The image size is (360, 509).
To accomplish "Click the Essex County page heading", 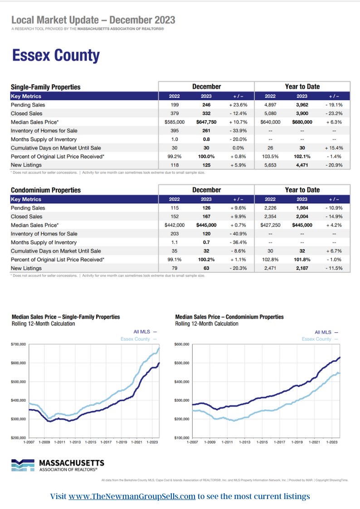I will point(56,56).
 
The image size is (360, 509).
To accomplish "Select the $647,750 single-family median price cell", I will point(206,122).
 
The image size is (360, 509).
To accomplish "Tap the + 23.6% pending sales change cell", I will point(238,105).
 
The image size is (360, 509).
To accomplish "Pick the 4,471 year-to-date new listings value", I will point(302,165).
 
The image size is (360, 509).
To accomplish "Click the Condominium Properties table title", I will point(46,190).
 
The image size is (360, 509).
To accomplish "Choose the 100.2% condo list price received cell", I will point(206,260).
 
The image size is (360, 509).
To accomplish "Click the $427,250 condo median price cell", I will point(270,225).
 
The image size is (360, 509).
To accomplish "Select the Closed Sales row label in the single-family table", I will point(26,114).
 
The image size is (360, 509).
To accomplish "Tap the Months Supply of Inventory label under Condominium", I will point(44,242).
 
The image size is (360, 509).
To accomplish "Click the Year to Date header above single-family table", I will point(302,87).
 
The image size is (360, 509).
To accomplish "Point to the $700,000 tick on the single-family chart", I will point(19,345).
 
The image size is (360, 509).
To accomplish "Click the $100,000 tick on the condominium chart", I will point(181,438).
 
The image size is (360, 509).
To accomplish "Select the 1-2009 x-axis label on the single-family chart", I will point(44,442).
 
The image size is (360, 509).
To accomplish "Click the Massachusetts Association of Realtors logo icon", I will point(23,465).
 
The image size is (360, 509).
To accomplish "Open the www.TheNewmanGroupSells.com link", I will point(132,496).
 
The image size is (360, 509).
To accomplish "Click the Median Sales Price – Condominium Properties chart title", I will point(229,317).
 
